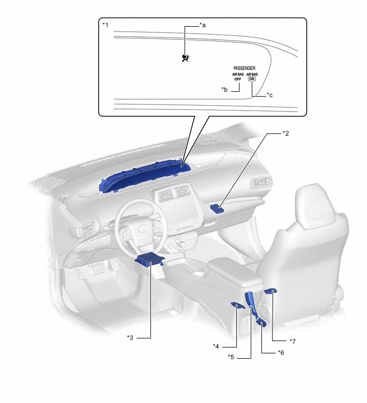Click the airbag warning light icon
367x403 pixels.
pyautogui.click(x=186, y=58)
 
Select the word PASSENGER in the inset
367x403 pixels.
pyautogui.click(x=244, y=68)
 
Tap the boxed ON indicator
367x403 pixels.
pyautogui.click(x=252, y=79)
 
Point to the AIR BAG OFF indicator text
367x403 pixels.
pyautogui.click(x=238, y=77)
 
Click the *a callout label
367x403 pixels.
pyautogui.click(x=203, y=25)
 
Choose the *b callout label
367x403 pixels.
pyautogui.click(x=225, y=90)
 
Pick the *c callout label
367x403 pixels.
pyautogui.click(x=270, y=95)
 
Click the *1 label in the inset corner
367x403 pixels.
pyautogui.click(x=105, y=25)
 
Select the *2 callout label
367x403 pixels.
pyautogui.click(x=285, y=133)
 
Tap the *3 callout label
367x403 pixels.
pyautogui.click(x=130, y=338)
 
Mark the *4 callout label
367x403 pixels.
pyautogui.click(x=216, y=346)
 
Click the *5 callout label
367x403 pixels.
pyautogui.click(x=230, y=357)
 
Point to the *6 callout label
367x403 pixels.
pyautogui.click(x=281, y=353)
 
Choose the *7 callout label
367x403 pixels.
pyautogui.click(x=292, y=341)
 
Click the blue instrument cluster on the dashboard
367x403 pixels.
pyautogui.click(x=145, y=176)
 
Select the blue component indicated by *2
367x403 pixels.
pyautogui.click(x=217, y=209)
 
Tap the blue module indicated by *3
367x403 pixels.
pyautogui.click(x=149, y=259)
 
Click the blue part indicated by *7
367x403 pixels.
pyautogui.click(x=271, y=291)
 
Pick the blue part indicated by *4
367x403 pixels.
pyautogui.click(x=238, y=306)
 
